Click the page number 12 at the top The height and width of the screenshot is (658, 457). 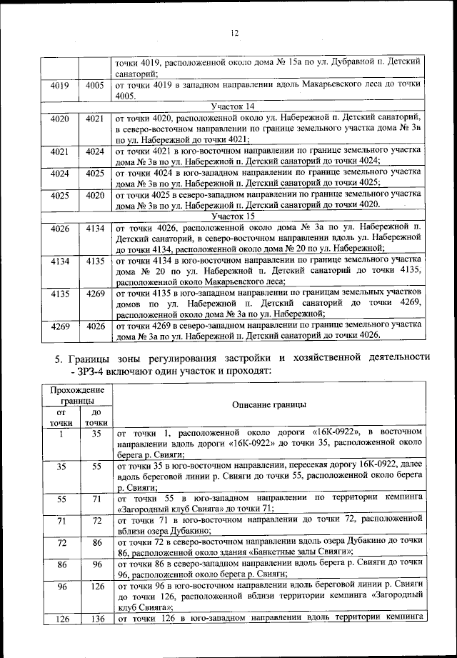[233, 32]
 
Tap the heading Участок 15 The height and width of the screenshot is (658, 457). [232, 214]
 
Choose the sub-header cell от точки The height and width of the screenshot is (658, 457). [60, 418]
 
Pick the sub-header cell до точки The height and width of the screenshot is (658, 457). [95, 418]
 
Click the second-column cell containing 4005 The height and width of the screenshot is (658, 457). [95, 85]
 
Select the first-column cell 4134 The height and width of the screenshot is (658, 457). [60, 262]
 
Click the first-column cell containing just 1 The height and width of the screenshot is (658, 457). [60, 434]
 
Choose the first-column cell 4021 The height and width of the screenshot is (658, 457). [60, 151]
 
